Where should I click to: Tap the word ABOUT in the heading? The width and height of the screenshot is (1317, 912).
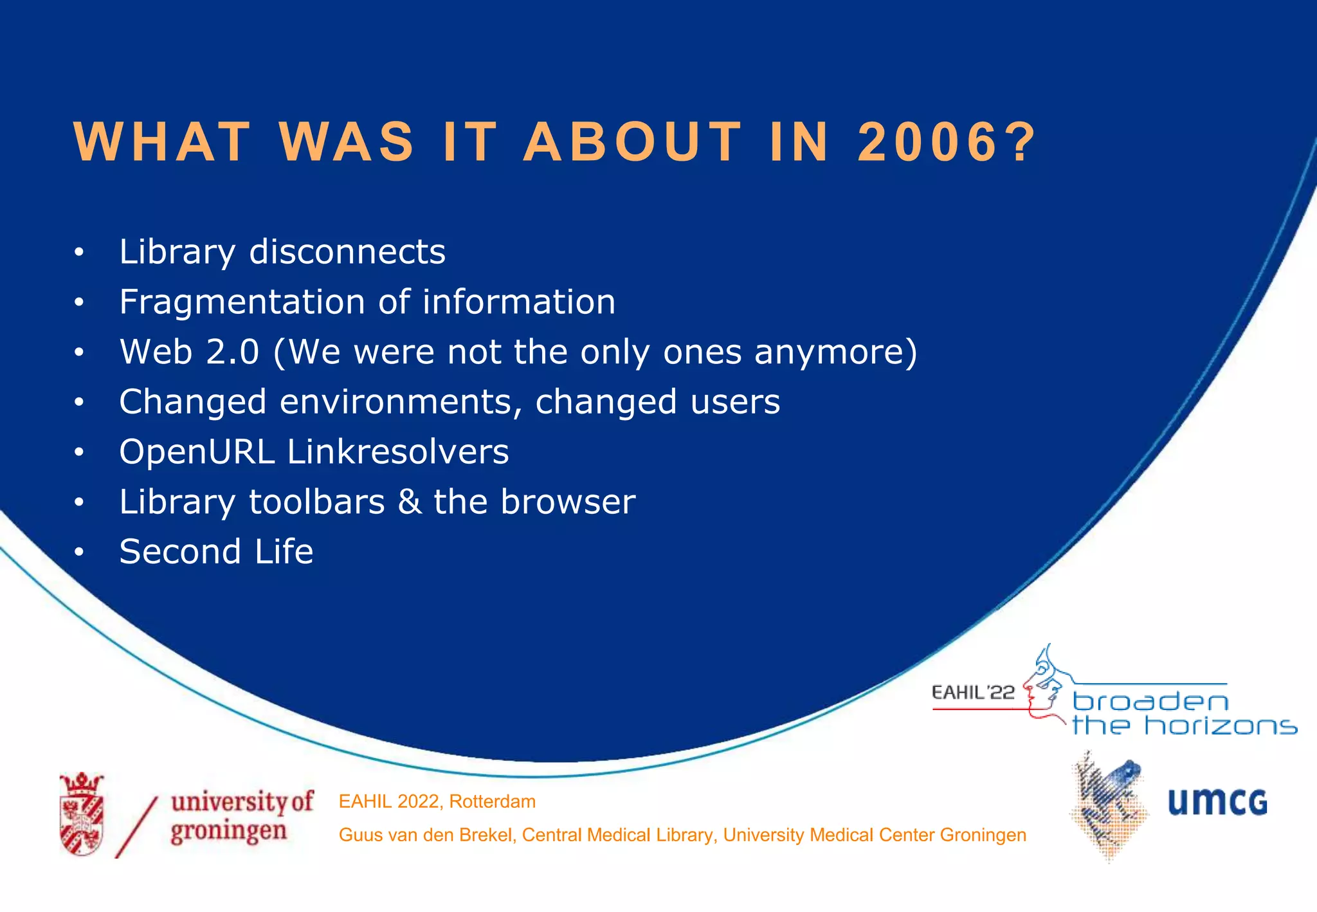pyautogui.click(x=633, y=142)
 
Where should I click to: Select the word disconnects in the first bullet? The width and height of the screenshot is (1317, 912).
pyautogui.click(x=347, y=251)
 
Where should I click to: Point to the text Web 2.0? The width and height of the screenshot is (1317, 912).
pyautogui.click(x=189, y=352)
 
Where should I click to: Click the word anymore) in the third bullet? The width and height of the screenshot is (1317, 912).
pyautogui.click(x=835, y=352)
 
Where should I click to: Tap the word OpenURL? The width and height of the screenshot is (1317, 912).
pyautogui.click(x=197, y=451)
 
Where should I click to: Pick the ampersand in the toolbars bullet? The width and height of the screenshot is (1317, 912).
pyautogui.click(x=409, y=502)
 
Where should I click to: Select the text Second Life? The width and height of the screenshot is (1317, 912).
pyautogui.click(x=216, y=552)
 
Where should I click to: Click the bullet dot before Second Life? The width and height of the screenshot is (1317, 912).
pyautogui.click(x=78, y=552)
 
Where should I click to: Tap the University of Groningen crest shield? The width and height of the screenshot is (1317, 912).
pyautogui.click(x=82, y=816)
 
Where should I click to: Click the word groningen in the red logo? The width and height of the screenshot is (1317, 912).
pyautogui.click(x=228, y=831)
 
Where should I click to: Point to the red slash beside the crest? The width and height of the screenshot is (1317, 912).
pyautogui.click(x=136, y=827)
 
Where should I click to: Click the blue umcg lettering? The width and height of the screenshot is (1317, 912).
pyautogui.click(x=1217, y=803)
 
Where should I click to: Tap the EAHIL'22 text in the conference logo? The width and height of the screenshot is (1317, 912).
pyautogui.click(x=972, y=693)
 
